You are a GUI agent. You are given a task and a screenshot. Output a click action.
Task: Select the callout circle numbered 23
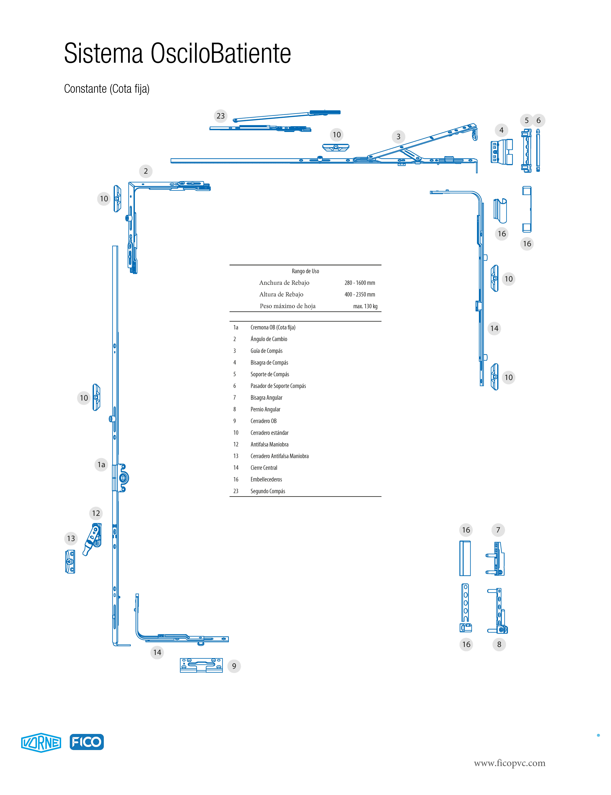point(220,116)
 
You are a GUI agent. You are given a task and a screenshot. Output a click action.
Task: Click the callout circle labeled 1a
point(101,465)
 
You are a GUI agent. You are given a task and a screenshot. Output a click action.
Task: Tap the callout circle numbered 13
point(71,539)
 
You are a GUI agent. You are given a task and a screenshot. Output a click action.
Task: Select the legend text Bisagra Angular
point(266,398)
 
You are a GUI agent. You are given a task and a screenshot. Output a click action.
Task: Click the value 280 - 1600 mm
point(360,283)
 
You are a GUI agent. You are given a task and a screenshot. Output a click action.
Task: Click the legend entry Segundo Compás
point(268,491)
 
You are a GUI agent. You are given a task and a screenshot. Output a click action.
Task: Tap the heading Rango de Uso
point(305,271)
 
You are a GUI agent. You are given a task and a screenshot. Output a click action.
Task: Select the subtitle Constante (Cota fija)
point(107,89)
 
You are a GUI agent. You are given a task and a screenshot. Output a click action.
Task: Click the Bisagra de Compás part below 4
point(502,152)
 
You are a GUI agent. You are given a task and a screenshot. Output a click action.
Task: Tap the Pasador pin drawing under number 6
point(538,150)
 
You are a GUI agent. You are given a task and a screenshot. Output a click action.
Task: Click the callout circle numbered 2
point(145,171)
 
